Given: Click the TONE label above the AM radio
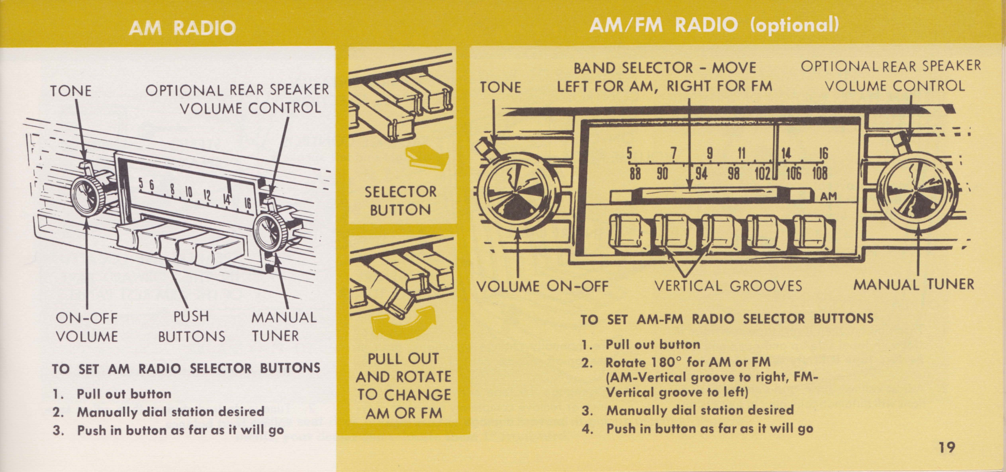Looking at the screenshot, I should [71, 91].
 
